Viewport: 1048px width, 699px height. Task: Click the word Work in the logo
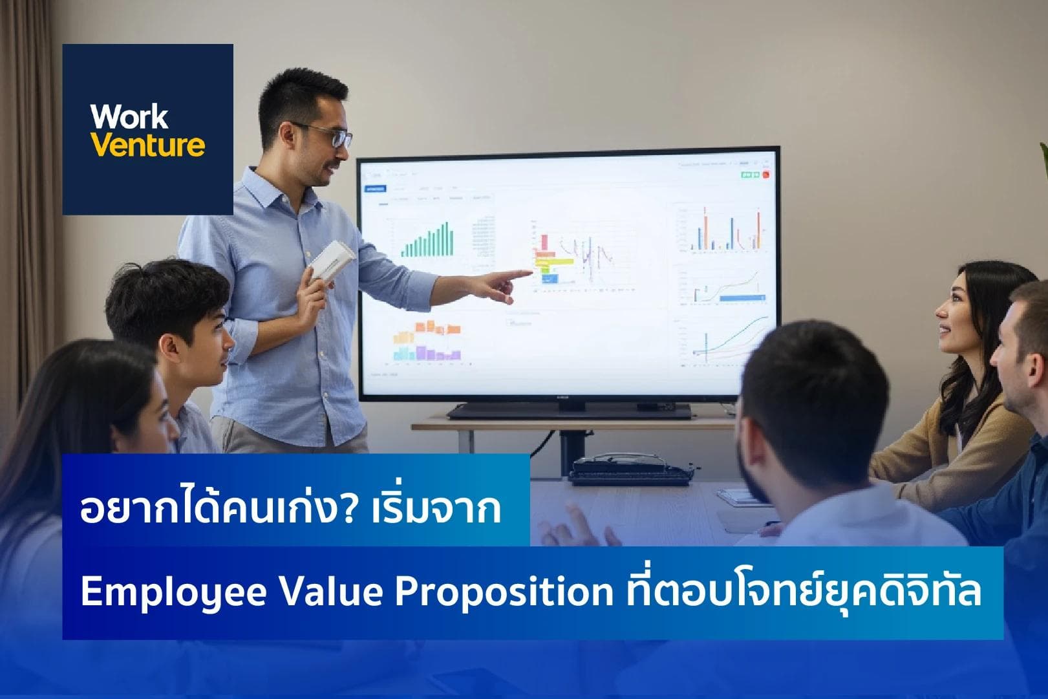point(129,117)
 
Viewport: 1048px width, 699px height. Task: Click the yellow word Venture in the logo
point(147,145)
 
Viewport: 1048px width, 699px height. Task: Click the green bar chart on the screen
point(427,241)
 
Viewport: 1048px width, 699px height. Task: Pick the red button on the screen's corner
point(765,174)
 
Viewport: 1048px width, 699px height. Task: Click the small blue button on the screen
point(375,189)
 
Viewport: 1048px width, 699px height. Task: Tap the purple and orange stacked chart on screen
point(427,341)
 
